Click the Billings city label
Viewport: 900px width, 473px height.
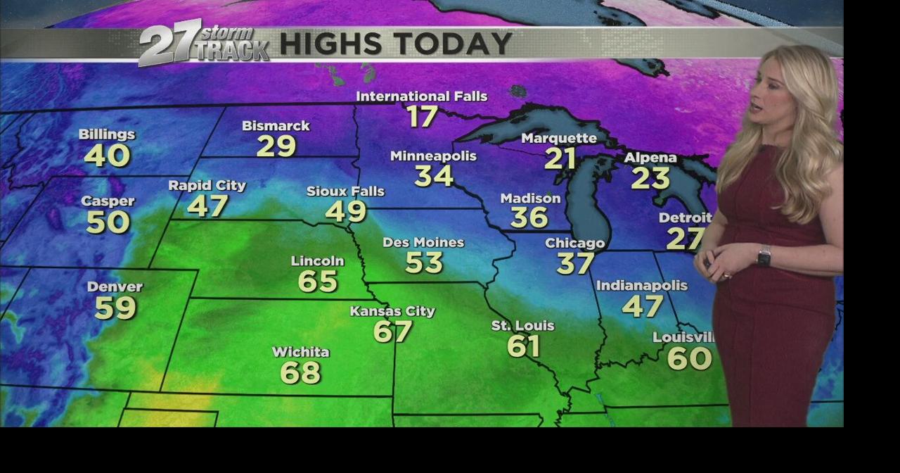tap(107, 134)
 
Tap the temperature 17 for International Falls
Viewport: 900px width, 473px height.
tap(422, 116)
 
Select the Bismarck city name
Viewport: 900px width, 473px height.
tap(276, 125)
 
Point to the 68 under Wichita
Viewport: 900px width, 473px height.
tap(300, 372)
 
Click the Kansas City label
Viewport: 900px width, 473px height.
tap(392, 311)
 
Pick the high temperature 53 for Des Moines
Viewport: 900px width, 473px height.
tap(424, 263)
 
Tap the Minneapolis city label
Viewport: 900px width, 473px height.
tap(433, 156)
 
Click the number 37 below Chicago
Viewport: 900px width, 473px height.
tap(575, 263)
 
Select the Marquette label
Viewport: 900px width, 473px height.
tap(559, 138)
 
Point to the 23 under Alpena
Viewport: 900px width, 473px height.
tap(650, 178)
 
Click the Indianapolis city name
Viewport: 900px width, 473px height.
tap(641, 285)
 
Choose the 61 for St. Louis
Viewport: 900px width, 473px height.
tap(523, 346)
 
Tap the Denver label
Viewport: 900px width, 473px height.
tap(115, 286)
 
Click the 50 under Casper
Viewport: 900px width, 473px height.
tap(108, 222)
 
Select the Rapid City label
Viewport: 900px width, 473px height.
tap(207, 185)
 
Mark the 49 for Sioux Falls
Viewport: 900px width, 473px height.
tap(346, 211)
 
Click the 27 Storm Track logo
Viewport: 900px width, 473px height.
tap(203, 44)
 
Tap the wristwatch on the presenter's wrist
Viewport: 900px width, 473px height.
tap(764, 256)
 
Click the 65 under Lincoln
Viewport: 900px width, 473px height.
tap(318, 282)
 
